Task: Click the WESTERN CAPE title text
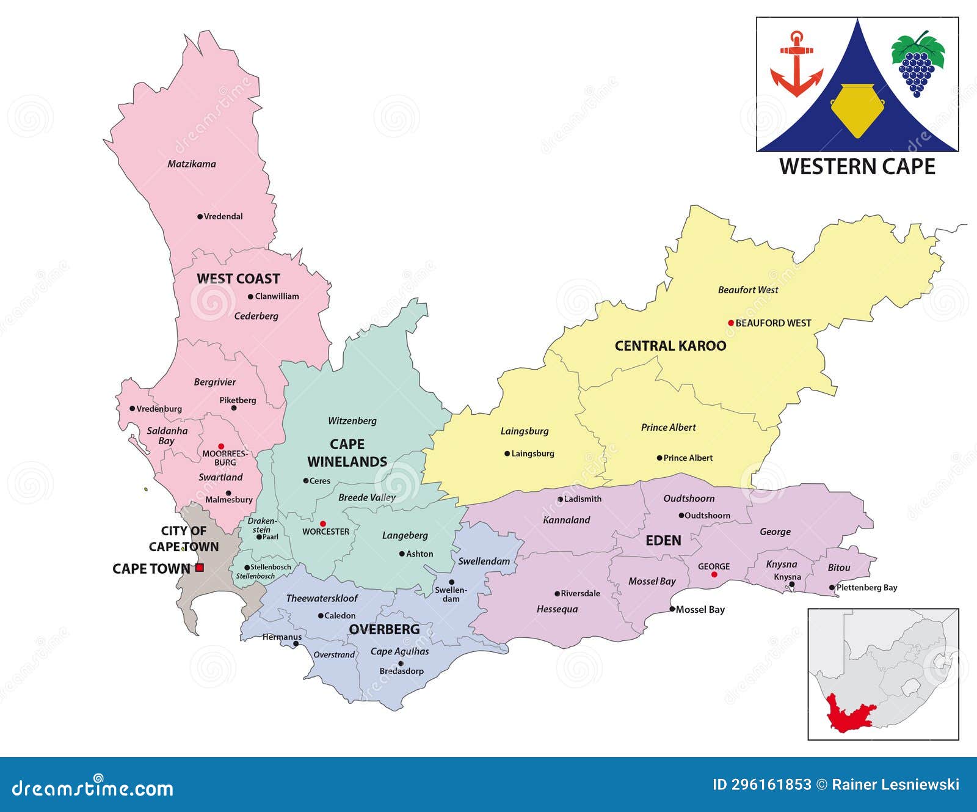click(x=857, y=167)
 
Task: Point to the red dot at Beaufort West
click(x=731, y=323)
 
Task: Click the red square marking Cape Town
click(x=200, y=568)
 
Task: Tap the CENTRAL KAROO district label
click(x=670, y=346)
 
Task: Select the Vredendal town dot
click(x=200, y=216)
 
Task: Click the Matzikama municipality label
click(x=192, y=164)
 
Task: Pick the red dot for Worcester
click(x=323, y=524)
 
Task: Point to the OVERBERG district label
click(x=384, y=629)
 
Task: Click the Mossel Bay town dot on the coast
click(x=672, y=609)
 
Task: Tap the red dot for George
click(x=714, y=574)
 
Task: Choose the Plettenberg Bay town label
click(x=866, y=588)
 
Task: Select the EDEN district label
click(x=663, y=541)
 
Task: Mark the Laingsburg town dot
click(x=507, y=453)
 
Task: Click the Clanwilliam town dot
click(x=250, y=297)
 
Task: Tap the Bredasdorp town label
click(x=401, y=671)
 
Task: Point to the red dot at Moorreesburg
click(x=221, y=447)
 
